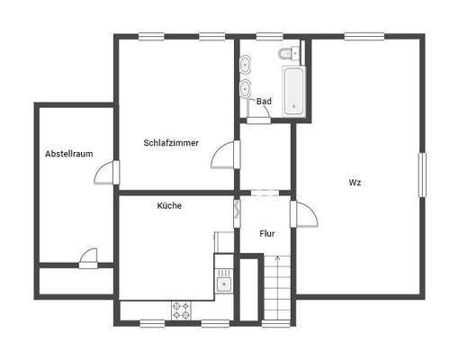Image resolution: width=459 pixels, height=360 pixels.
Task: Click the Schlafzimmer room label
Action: click(x=171, y=143)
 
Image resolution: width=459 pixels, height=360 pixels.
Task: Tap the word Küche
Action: click(x=169, y=206)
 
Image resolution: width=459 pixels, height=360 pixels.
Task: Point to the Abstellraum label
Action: click(x=69, y=154)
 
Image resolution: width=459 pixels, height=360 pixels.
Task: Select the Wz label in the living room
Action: click(x=355, y=183)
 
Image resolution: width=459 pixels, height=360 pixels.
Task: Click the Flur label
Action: click(x=267, y=234)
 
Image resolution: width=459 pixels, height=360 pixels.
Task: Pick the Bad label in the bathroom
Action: click(x=264, y=102)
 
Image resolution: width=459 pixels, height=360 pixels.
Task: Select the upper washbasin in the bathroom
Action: click(x=247, y=65)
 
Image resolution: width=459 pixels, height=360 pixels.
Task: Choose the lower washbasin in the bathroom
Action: click(x=247, y=88)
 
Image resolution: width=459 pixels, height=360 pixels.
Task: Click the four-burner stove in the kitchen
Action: click(x=182, y=310)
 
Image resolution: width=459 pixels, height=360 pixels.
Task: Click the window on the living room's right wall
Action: click(x=421, y=175)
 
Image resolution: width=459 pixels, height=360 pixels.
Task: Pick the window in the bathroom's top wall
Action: click(x=269, y=36)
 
